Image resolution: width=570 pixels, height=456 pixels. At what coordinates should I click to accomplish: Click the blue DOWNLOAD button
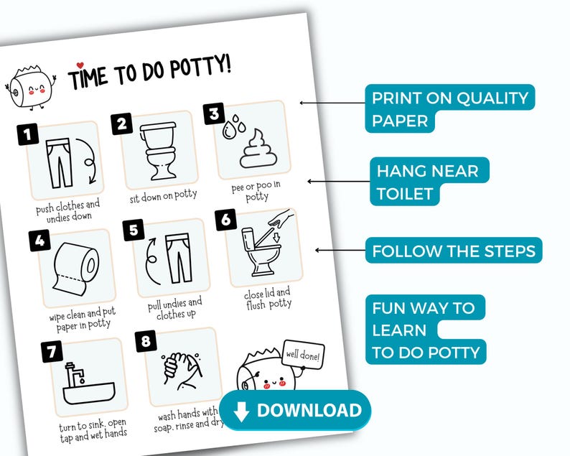point(295,411)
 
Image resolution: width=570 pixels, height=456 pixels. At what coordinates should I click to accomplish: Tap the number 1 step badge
point(27,134)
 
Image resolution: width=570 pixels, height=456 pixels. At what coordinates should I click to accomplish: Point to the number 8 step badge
point(146,341)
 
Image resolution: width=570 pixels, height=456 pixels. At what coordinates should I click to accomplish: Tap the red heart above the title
point(80,65)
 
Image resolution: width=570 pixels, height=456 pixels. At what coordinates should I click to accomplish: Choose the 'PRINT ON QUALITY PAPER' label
point(448,109)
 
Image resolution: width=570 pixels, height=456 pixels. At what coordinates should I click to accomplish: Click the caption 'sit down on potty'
point(163,195)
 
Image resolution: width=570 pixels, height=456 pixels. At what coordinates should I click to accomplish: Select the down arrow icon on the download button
point(241,411)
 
